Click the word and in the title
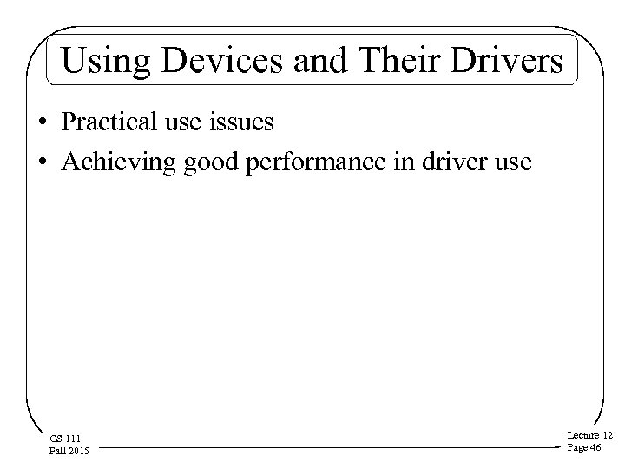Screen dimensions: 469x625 coord(312,62)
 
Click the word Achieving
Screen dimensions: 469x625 coord(119,162)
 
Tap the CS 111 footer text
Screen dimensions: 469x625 coord(66,439)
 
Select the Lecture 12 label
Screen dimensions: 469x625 coord(589,434)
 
